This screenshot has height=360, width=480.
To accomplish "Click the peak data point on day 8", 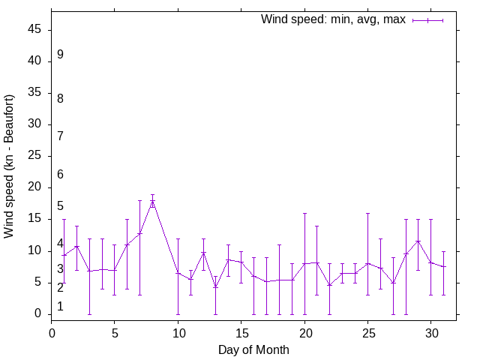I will point(152,201).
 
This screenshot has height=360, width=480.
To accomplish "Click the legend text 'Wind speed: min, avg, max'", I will point(333,19).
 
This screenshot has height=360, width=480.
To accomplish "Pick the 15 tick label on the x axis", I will point(241,332).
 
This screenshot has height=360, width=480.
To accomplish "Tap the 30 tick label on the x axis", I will point(430,332).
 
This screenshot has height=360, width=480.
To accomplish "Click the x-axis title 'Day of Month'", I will point(253,349).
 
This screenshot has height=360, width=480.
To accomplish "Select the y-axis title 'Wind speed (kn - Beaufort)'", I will point(10,166).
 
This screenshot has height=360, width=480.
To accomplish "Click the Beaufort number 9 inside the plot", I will point(60,55).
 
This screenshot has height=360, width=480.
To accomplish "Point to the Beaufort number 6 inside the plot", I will point(60,175).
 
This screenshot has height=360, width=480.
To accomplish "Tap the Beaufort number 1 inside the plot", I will point(60,307).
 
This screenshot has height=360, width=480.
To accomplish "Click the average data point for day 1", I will point(64,255).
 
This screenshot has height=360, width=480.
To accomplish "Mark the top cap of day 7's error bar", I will point(139,200).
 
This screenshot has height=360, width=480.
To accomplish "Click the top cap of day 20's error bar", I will point(304,213).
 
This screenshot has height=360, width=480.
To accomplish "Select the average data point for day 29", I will point(418,241).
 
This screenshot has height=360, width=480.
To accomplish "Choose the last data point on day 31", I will point(443,266).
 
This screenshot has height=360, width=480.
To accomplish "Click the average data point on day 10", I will point(178,273).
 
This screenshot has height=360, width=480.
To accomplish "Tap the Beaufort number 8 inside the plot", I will point(60,98).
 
